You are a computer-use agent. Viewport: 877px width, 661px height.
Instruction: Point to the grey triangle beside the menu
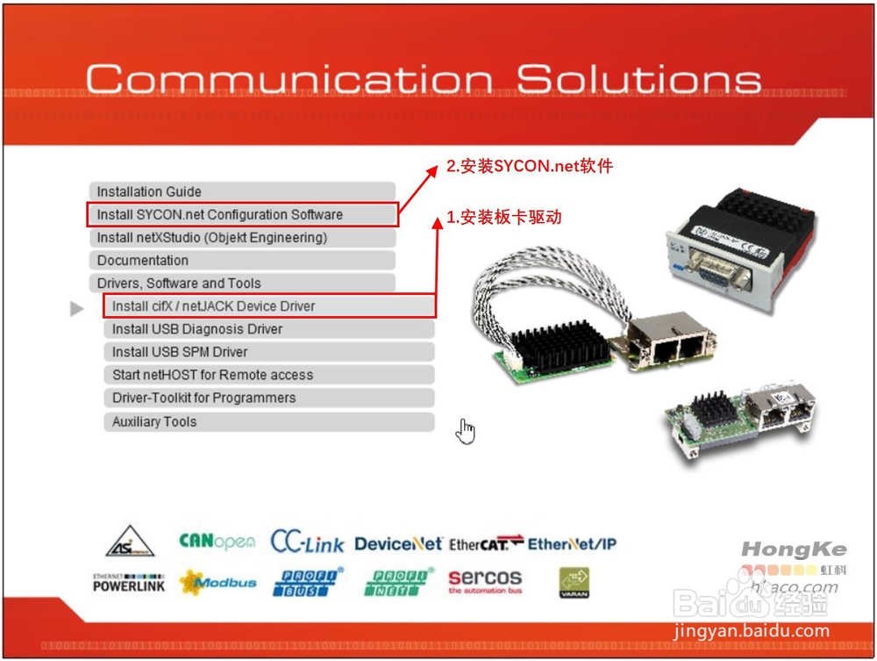[x=77, y=308]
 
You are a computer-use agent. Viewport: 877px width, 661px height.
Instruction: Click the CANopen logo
[x=217, y=542]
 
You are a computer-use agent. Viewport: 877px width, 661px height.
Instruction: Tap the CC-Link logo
[x=307, y=542]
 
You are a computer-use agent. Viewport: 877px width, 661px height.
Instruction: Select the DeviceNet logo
[x=398, y=544]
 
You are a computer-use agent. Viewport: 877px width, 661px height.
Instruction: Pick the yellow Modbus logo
[x=218, y=582]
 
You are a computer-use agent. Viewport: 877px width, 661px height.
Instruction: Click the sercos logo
[x=485, y=580]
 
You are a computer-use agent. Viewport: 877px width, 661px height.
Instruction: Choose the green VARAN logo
[x=574, y=582]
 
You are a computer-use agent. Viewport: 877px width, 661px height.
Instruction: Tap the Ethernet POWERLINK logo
[x=129, y=582]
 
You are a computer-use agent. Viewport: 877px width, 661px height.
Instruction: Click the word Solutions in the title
[x=638, y=79]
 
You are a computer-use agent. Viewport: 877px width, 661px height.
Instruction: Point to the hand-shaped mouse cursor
[x=467, y=431]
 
